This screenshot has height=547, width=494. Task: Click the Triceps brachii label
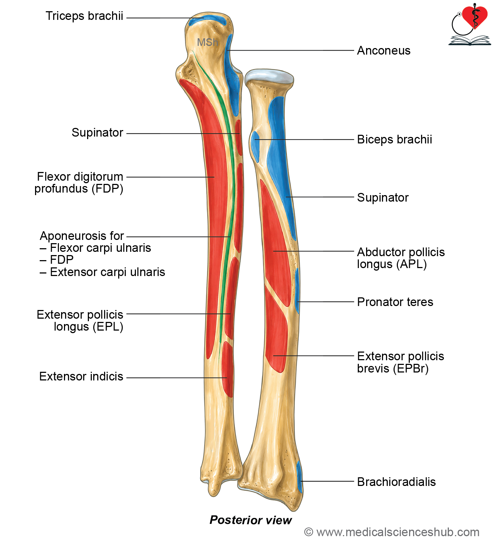click(x=84, y=16)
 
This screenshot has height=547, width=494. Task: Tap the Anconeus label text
click(x=383, y=51)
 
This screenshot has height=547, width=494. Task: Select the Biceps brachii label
click(x=394, y=139)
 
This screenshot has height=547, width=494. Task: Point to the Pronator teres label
click(x=395, y=302)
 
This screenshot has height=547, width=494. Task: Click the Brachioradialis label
click(x=396, y=482)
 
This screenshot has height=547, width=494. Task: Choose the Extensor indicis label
click(x=81, y=376)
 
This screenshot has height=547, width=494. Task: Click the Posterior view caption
click(x=251, y=520)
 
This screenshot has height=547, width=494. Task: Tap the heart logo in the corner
click(x=475, y=17)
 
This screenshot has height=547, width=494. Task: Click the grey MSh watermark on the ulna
click(x=207, y=42)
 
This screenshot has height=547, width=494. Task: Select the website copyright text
click(x=392, y=532)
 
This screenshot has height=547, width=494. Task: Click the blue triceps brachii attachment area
click(x=207, y=21)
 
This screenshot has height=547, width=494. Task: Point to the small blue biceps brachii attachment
click(x=255, y=146)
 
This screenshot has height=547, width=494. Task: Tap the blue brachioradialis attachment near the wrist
click(x=299, y=477)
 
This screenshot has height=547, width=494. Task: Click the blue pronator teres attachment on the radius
click(x=297, y=290)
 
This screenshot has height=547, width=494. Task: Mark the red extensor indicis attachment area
click(x=228, y=370)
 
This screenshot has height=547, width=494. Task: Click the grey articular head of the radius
click(x=269, y=76)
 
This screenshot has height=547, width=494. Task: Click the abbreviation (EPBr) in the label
click(x=411, y=369)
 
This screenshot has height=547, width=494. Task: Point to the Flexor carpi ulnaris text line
click(x=100, y=248)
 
